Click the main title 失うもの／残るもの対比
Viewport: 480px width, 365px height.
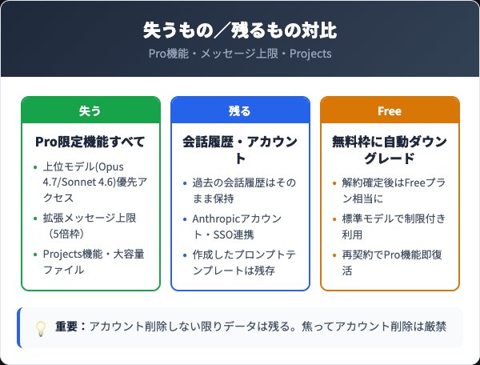[240, 31]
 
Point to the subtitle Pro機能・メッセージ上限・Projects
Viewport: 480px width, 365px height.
[240, 54]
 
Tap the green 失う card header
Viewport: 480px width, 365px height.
[90, 110]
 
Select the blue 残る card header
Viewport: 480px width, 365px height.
[240, 110]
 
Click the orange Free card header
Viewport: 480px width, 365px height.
[390, 110]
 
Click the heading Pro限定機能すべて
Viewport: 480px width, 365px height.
[90, 142]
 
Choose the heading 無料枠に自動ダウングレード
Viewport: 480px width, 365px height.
[390, 150]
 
